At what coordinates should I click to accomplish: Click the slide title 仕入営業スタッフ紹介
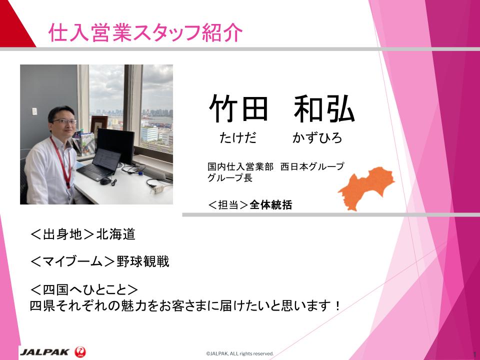(145, 32)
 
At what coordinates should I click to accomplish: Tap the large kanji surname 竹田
(239, 108)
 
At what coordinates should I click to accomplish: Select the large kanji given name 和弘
(324, 108)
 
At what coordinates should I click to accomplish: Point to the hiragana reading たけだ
(238, 138)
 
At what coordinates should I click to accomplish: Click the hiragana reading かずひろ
(317, 138)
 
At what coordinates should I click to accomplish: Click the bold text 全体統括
(271, 205)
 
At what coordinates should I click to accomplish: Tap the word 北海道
(115, 234)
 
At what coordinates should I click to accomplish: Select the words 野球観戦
(142, 261)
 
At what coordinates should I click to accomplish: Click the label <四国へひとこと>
(84, 289)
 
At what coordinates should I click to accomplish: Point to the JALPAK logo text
(44, 351)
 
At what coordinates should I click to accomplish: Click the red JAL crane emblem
(80, 351)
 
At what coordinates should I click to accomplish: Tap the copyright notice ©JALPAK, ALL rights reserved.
(239, 353)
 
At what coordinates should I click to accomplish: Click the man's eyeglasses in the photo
(65, 121)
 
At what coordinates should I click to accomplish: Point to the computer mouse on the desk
(104, 181)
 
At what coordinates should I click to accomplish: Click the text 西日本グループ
(312, 166)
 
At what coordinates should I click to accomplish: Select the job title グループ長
(230, 177)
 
